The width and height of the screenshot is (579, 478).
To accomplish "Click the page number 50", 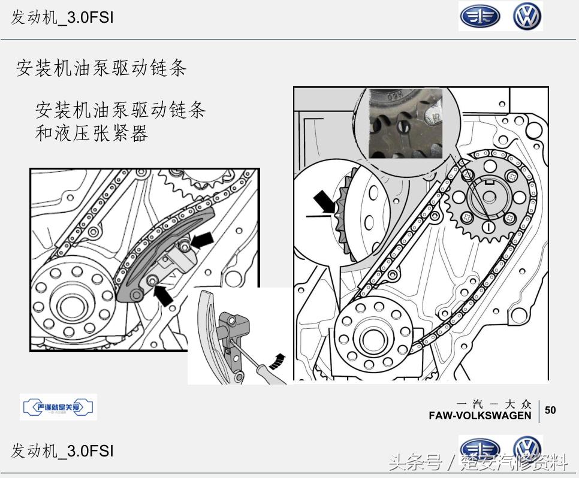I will (x=550, y=410).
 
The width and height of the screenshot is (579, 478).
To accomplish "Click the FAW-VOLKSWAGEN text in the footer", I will (x=480, y=416).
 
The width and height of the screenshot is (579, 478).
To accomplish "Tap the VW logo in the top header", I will (x=527, y=16).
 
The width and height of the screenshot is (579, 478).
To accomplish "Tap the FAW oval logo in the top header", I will (x=480, y=17).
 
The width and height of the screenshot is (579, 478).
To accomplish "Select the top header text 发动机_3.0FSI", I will (x=62, y=17).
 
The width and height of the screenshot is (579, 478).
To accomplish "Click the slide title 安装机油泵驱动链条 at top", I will (x=101, y=68).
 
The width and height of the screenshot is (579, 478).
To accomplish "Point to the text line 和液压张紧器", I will (x=91, y=133).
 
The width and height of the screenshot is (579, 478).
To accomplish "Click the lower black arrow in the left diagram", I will (x=163, y=294).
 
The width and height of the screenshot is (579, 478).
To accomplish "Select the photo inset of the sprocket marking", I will (x=405, y=124).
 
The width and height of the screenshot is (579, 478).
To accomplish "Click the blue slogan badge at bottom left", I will (x=58, y=408).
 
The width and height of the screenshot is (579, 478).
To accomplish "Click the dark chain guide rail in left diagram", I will (x=162, y=255).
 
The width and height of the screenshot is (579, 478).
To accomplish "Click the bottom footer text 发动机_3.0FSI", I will (x=62, y=450).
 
